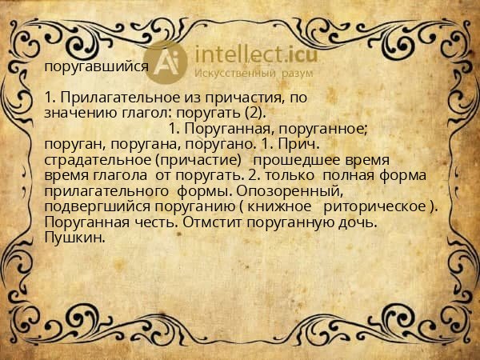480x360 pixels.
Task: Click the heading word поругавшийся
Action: (x=96, y=67)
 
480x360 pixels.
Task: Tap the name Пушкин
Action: (x=75, y=237)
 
